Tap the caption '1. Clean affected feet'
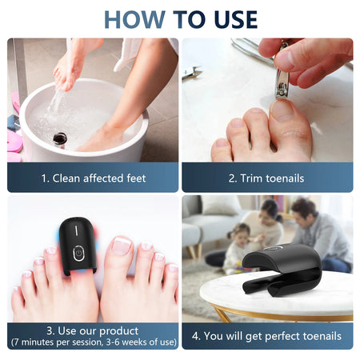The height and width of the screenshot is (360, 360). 93,178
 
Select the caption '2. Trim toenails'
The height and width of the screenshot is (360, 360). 266,178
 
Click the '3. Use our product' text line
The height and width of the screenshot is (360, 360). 93,330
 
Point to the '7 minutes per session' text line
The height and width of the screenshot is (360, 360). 93,342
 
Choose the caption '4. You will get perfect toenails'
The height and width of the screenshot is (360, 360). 266,336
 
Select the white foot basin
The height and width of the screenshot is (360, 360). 80,120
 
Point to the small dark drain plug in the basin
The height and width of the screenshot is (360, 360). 60,139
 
